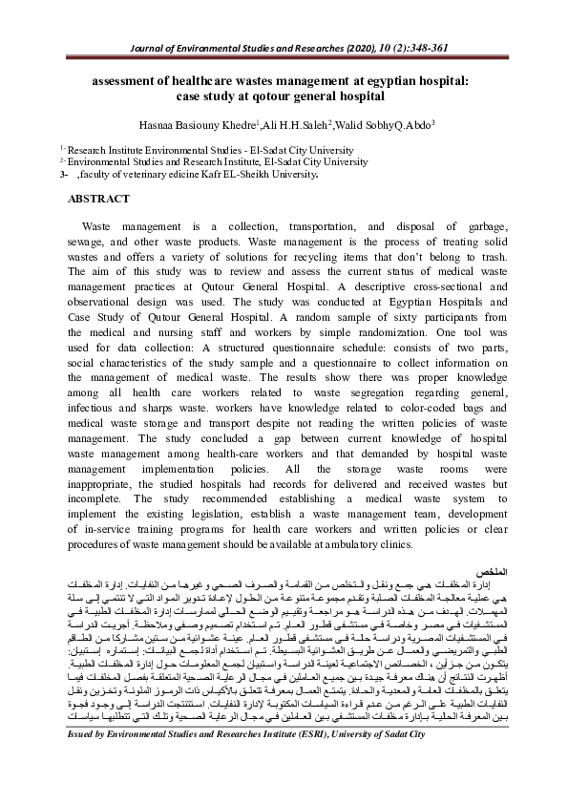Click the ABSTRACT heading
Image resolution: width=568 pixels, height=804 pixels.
click(98, 199)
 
